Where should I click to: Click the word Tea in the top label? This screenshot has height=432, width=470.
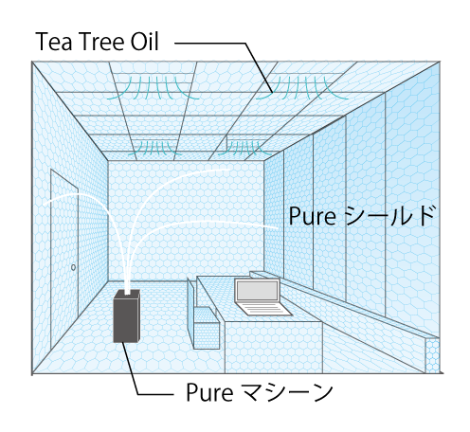[54, 42]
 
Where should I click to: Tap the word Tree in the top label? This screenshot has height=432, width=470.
[101, 42]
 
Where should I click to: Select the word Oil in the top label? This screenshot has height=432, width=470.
[145, 42]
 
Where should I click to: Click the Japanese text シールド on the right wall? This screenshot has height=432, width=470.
[389, 215]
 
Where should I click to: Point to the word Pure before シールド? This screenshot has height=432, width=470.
[312, 216]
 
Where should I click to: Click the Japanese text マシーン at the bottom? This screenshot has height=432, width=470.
[286, 391]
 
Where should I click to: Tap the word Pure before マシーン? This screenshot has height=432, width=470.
[209, 392]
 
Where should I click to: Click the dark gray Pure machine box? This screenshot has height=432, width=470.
[126, 315]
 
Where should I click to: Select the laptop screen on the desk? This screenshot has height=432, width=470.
[258, 291]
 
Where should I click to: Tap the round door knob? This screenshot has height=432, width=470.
[73, 267]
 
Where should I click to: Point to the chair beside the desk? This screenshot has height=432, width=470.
[203, 315]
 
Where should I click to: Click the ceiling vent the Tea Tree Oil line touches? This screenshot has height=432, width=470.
[302, 88]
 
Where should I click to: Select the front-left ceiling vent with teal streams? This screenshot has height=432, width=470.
[154, 88]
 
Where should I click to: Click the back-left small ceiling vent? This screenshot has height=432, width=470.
[154, 148]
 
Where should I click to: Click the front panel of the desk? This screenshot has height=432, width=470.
[274, 348]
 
